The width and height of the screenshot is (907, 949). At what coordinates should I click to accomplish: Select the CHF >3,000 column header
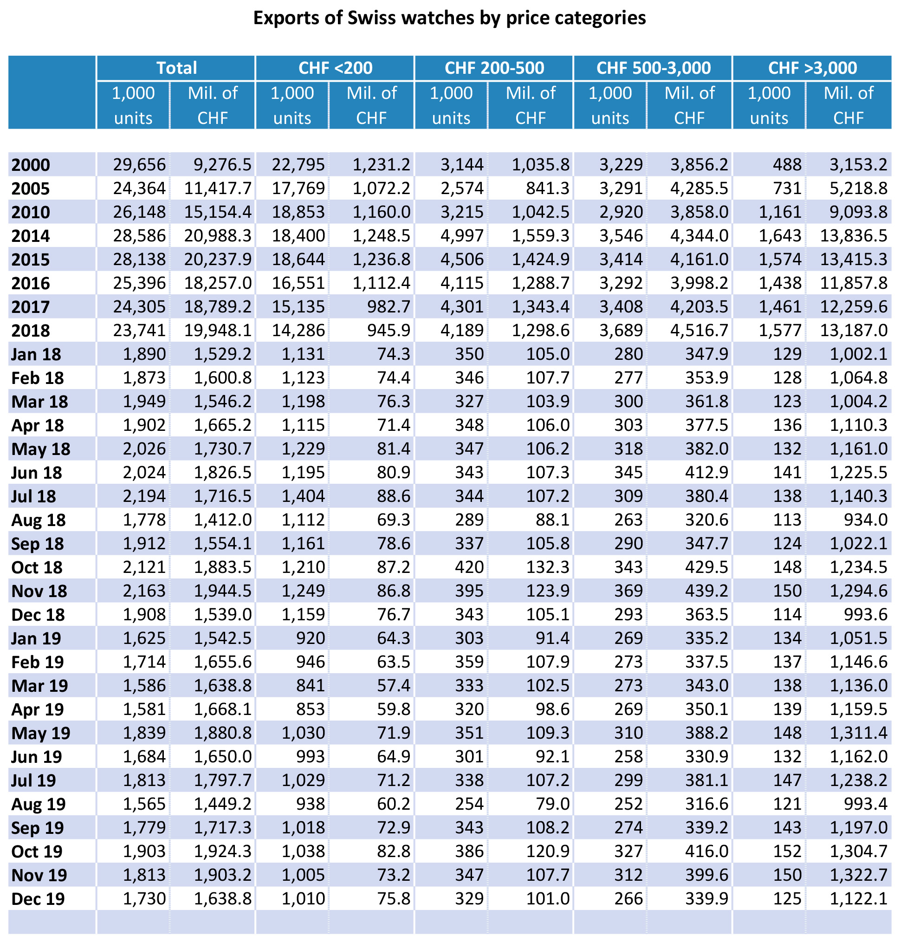[x=812, y=68]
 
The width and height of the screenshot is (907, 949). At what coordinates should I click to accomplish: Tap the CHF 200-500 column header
[x=494, y=68]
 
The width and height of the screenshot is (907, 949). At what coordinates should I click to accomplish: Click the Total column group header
[x=176, y=68]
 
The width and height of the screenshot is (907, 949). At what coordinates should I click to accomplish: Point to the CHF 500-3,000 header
[x=653, y=68]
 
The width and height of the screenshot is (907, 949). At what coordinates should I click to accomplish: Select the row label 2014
[x=31, y=236]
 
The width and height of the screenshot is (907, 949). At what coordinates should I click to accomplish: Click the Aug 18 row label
[x=38, y=520]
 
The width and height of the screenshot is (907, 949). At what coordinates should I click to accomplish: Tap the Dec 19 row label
[x=38, y=899]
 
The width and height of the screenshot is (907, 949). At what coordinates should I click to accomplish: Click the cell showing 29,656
[x=140, y=165]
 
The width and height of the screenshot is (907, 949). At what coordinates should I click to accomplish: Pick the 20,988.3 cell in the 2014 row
[x=218, y=236]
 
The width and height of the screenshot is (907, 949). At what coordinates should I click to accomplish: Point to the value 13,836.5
[x=854, y=236]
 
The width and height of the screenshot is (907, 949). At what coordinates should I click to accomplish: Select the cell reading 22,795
[x=298, y=165]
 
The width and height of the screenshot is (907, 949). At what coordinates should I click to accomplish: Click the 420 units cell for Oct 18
[x=469, y=568]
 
